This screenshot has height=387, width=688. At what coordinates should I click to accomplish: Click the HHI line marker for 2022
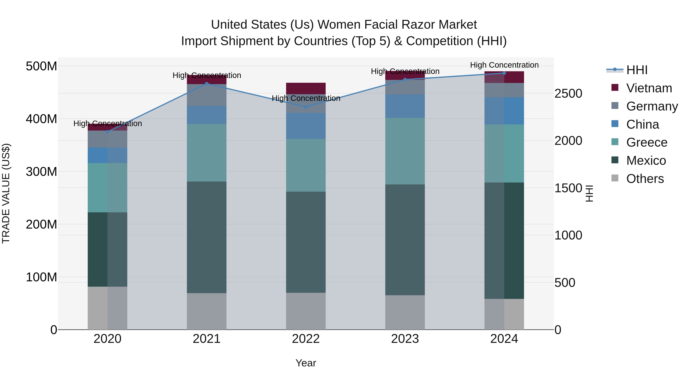306,107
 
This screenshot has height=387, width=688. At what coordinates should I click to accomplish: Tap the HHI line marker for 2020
108,132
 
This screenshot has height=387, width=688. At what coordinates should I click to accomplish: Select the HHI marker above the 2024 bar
504,73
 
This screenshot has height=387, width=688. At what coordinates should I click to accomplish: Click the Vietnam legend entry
649,88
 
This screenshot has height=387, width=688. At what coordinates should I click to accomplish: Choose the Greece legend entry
647,142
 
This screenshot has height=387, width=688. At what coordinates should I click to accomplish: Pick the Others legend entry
645,179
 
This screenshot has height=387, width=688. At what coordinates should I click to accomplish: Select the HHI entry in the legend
637,70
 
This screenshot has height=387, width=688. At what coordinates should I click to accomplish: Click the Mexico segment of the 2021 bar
207,237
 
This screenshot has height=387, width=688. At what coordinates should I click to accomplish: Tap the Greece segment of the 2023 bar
405,151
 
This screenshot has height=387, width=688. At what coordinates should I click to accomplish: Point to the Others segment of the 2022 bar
306,311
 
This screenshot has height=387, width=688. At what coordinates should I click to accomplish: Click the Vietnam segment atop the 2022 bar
306,88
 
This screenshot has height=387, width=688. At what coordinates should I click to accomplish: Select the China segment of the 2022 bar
306,126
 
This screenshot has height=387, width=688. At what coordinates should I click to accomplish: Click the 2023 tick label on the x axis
405,339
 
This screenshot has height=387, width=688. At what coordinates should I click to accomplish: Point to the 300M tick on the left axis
41,171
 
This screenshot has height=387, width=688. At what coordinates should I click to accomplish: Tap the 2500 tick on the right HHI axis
568,93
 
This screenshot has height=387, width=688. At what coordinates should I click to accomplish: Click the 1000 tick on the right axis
568,235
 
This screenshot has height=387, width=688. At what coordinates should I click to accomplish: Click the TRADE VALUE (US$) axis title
6,193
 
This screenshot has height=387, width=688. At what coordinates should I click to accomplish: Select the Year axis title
306,363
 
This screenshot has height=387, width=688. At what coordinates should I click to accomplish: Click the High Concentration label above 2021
207,75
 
